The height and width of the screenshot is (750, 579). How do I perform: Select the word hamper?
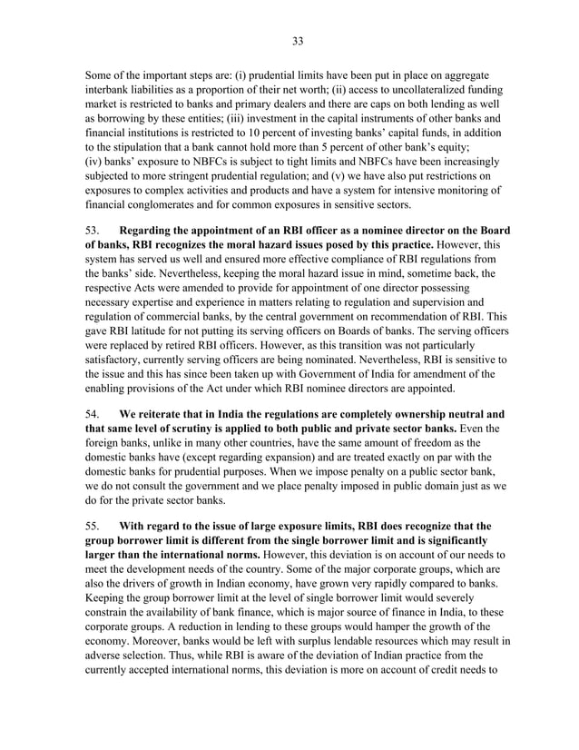pyautogui.click(x=371, y=627)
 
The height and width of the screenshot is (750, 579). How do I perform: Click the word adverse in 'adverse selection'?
pyautogui.click(x=109, y=657)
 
